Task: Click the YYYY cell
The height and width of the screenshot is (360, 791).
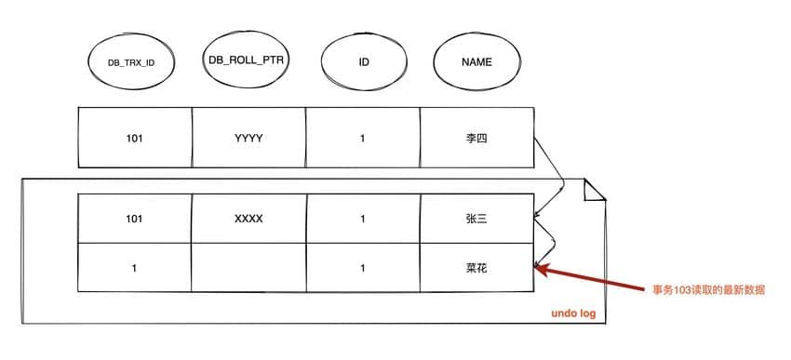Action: (248, 139)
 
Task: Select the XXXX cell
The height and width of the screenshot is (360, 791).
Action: (248, 219)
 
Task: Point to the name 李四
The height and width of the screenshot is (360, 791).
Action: (476, 139)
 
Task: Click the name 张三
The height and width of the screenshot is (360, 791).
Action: (476, 220)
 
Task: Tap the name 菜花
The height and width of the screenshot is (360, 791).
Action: (476, 268)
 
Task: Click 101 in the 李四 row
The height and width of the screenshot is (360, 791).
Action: (135, 139)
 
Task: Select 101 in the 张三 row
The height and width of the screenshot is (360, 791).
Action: (135, 220)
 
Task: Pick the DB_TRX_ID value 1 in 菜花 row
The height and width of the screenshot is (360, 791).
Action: (134, 268)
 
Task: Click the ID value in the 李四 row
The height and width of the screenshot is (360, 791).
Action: (363, 139)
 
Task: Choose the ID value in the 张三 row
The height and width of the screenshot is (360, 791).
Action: (363, 220)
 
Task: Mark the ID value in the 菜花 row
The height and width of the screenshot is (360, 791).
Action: (363, 268)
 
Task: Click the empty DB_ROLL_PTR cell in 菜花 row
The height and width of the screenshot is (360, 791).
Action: (248, 267)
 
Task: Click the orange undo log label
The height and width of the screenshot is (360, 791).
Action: (573, 313)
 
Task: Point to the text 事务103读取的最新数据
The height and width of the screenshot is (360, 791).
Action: (709, 291)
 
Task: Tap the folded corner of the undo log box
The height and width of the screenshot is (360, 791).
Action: (596, 190)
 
